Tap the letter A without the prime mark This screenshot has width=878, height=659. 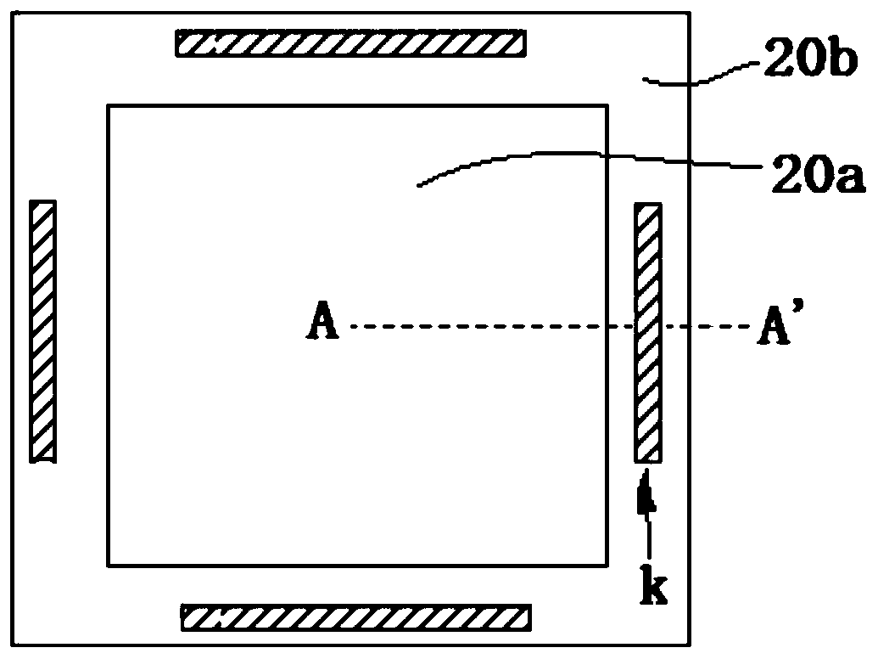[322, 325]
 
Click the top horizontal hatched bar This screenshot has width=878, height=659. [350, 43]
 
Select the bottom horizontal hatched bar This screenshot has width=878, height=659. [356, 617]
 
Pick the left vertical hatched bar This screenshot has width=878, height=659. [42, 331]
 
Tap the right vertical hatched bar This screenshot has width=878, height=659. [648, 332]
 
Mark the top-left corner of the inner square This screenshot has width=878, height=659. [108, 106]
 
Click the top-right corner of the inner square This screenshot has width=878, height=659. [607, 106]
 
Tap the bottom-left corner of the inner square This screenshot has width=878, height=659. [108, 566]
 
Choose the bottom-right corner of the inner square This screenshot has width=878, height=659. [607, 566]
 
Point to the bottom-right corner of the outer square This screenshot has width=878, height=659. [688, 645]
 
